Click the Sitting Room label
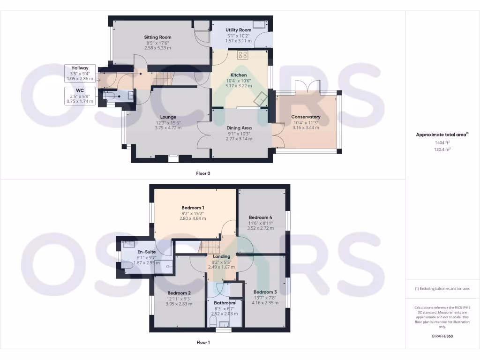[157, 37]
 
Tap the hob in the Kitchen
[243, 55]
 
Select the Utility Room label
[239, 30]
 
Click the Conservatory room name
[306, 117]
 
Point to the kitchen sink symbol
[260, 98]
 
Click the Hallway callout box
[80, 73]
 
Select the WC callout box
[80, 95]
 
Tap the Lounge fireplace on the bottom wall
[173, 158]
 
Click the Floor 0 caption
[203, 173]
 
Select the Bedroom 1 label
[193, 208]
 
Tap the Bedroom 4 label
[260, 217]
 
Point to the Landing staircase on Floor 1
[210, 246]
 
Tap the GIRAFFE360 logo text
[442, 336]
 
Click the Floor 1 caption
[203, 343]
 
